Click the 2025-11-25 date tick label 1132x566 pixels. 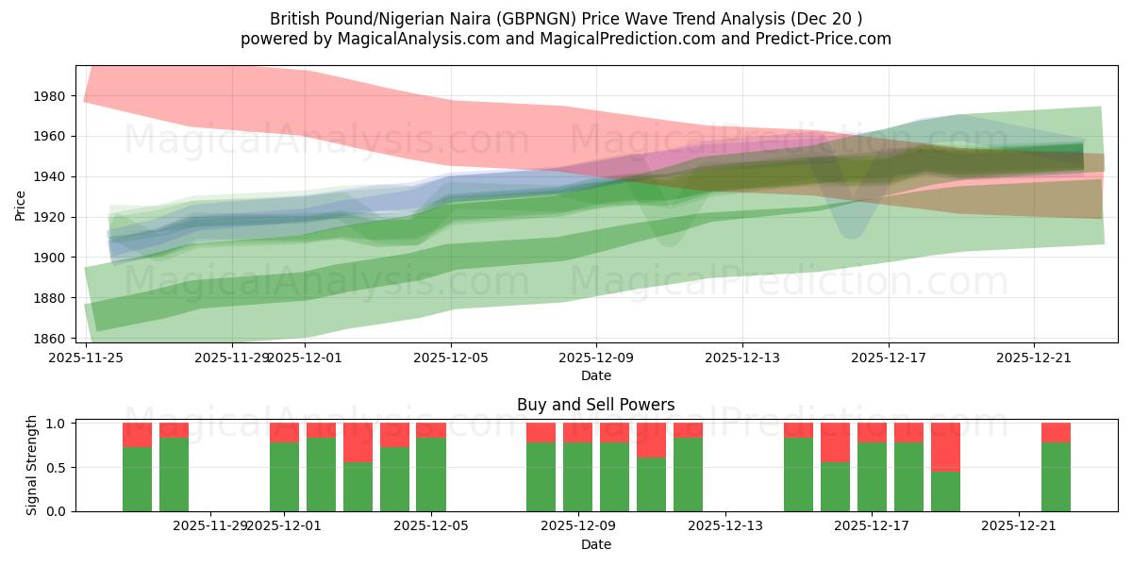pyautogui.click(x=86, y=358)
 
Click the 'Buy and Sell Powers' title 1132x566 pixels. pyautogui.click(x=595, y=405)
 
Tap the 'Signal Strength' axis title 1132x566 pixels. pyautogui.click(x=32, y=465)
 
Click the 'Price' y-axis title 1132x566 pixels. pyautogui.click(x=21, y=204)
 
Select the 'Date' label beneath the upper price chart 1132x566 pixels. pyautogui.click(x=595, y=375)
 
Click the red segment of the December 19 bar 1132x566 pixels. pyautogui.click(x=945, y=446)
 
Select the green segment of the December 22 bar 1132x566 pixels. pyautogui.click(x=1056, y=476)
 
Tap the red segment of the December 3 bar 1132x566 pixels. pyautogui.click(x=358, y=441)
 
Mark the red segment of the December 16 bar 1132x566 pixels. pyautogui.click(x=835, y=441)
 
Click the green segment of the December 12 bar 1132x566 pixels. pyautogui.click(x=688, y=474)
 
